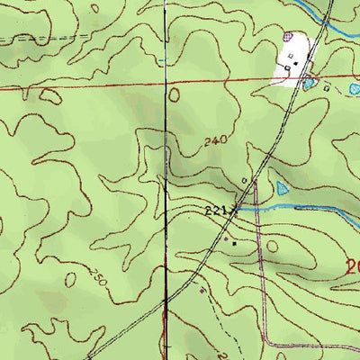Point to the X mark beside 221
click(236, 211)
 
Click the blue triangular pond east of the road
click(283, 189)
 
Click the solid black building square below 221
click(235, 242)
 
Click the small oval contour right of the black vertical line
click(174, 93)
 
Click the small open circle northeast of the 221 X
click(245, 180)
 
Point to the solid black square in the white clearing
click(294, 64)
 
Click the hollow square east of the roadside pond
click(327, 86)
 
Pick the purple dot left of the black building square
click(225, 239)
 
